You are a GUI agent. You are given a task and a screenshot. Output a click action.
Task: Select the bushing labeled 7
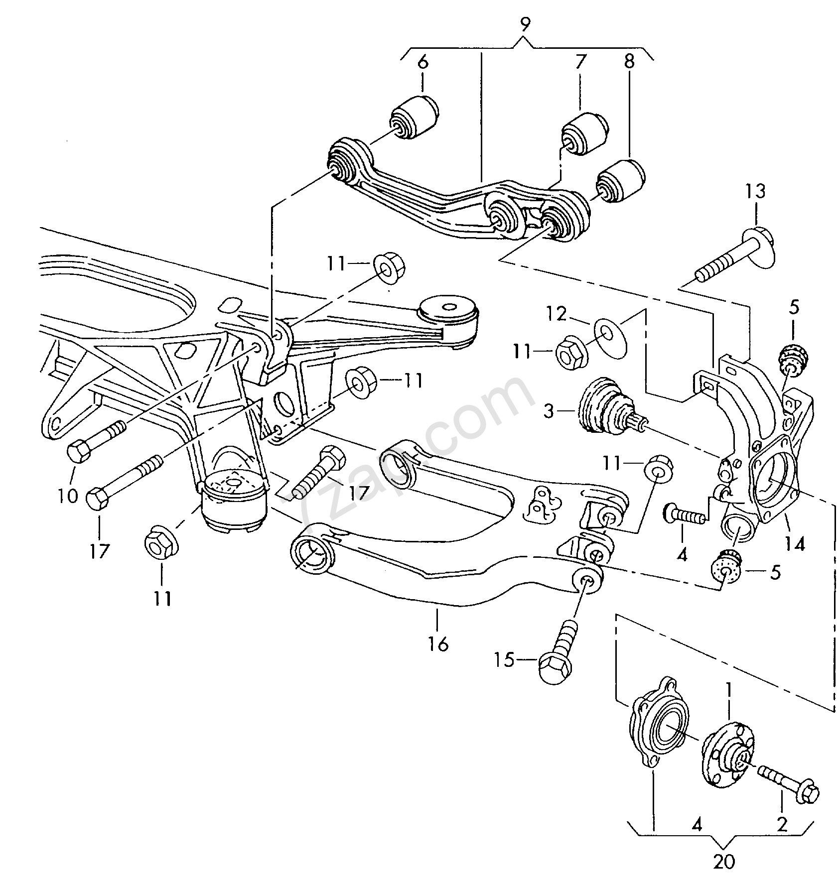click(584, 134)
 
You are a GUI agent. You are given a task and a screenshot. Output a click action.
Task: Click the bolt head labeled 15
click(555, 665)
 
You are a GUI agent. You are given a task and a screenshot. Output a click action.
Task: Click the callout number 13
click(755, 192)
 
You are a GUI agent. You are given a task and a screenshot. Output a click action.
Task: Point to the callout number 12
click(556, 314)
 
